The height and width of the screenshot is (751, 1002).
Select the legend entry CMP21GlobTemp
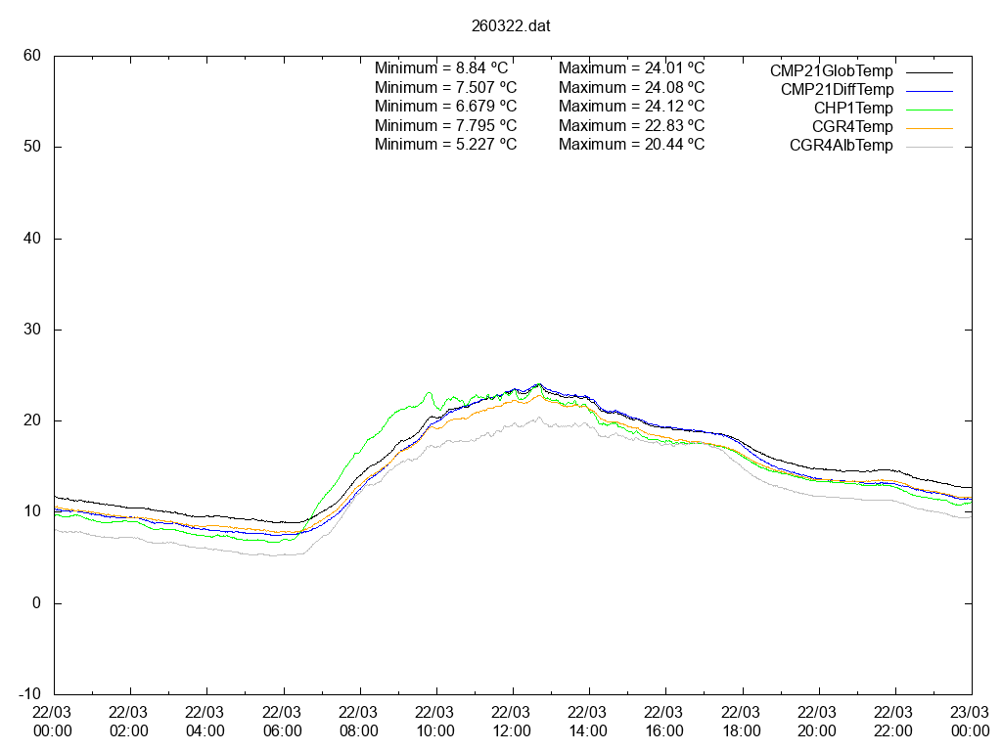(831, 71)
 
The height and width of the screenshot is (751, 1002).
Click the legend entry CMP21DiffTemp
(837, 90)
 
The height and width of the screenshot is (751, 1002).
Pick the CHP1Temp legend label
(853, 109)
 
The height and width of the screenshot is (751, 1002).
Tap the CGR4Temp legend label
(852, 127)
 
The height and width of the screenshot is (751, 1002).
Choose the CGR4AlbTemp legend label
(842, 146)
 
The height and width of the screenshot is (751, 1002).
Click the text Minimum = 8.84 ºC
(441, 68)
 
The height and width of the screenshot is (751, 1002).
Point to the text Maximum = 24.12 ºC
(631, 106)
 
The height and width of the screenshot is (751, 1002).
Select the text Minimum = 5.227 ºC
(445, 144)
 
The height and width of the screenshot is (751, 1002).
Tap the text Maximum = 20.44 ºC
(631, 144)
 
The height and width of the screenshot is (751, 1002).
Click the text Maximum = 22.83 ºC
(631, 125)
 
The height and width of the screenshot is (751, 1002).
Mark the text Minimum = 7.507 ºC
(445, 87)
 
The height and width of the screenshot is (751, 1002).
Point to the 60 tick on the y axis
(32, 56)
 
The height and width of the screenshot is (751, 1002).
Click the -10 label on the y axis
(29, 694)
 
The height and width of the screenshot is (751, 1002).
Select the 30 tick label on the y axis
(32, 330)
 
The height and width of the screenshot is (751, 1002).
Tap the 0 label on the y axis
(36, 603)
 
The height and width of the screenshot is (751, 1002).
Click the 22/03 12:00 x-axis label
(512, 722)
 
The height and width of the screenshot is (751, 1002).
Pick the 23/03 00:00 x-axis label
(971, 722)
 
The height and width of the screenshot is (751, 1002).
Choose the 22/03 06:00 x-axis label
(283, 722)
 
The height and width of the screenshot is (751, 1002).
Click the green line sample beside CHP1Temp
(928, 109)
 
